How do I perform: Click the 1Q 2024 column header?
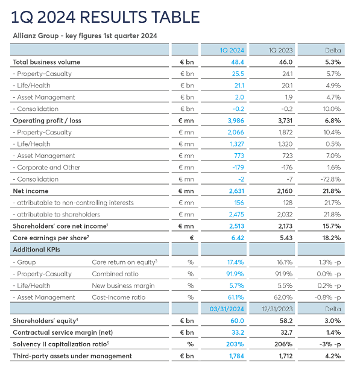[x=232, y=50]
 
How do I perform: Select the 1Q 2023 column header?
[x=280, y=50]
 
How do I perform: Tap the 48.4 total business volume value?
[x=238, y=62]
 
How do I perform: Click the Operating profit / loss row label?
[x=47, y=121]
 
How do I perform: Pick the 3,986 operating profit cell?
[x=236, y=121]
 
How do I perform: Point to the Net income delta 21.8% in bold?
[x=332, y=191]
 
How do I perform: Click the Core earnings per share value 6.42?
[x=238, y=238]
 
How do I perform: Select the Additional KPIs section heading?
[x=36, y=250]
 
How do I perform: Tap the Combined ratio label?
[x=115, y=274]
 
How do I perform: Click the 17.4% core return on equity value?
[x=236, y=262]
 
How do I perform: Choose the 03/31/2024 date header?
[x=227, y=309]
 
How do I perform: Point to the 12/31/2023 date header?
[x=277, y=309]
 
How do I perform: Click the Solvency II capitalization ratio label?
[x=61, y=344]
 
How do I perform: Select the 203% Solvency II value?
[x=235, y=344]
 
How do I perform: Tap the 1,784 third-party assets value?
[x=236, y=356]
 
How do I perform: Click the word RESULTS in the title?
[x=113, y=17]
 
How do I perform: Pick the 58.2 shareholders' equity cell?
[x=286, y=321]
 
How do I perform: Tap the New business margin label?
[x=123, y=286]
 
